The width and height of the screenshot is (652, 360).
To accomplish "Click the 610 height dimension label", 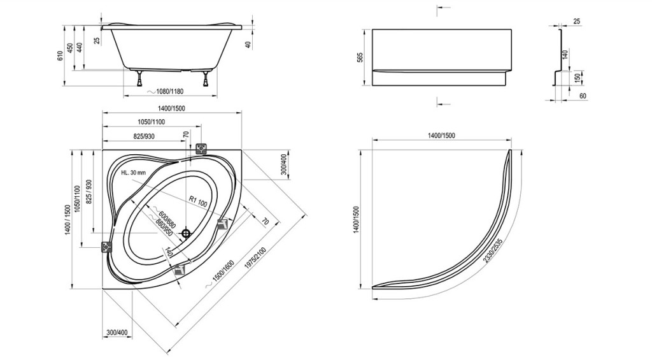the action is [x=60, y=56].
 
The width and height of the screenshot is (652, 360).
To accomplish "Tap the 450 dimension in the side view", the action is [x=70, y=47].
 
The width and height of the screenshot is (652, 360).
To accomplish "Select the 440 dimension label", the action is [x=80, y=47].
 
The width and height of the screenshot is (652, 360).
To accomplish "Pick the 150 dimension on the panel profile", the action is [x=577, y=78].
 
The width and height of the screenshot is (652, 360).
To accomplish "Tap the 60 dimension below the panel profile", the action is [x=583, y=96].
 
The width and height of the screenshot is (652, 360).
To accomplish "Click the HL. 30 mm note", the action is [x=134, y=172].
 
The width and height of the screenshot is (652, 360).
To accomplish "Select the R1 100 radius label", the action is [x=198, y=201].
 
